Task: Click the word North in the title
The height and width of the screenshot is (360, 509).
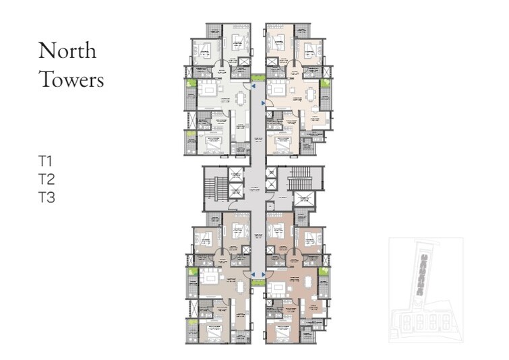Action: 67,51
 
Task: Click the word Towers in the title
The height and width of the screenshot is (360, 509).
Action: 71,80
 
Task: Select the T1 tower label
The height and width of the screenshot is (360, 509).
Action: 46,161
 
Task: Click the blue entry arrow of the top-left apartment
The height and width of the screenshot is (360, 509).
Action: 253,87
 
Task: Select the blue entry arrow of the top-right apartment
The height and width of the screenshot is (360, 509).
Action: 262,102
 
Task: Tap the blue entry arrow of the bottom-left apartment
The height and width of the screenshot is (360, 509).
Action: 253,275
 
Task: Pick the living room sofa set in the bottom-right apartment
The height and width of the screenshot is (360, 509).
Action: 277,290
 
